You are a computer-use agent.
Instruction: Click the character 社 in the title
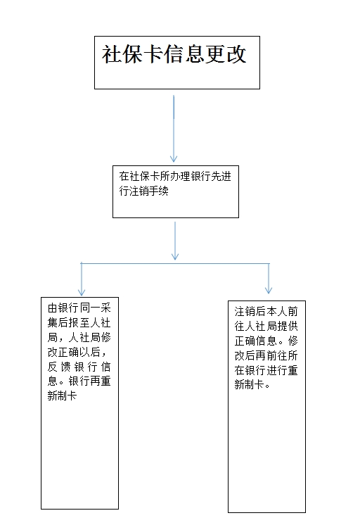tap(112, 54)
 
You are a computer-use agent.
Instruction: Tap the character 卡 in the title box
tap(153, 54)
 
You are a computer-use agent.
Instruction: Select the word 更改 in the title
tap(226, 54)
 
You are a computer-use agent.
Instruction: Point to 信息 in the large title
tap(185, 54)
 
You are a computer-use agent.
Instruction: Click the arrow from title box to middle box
tap(174, 129)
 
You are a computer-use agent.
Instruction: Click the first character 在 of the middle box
tap(124, 176)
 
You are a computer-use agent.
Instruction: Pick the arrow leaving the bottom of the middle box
tap(175, 241)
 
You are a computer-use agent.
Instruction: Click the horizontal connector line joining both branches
tap(175, 263)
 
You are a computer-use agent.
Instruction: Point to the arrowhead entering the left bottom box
tap(82, 292)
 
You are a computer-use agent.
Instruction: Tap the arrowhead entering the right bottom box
tap(269, 290)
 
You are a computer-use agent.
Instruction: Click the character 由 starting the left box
tap(53, 308)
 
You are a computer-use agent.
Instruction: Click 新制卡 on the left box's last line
tap(63, 396)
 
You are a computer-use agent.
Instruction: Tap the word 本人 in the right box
tap(276, 311)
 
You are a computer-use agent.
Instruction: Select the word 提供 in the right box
tap(287, 326)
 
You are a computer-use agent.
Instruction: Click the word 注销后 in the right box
tap(250, 311)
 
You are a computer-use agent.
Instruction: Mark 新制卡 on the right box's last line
tap(249, 385)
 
